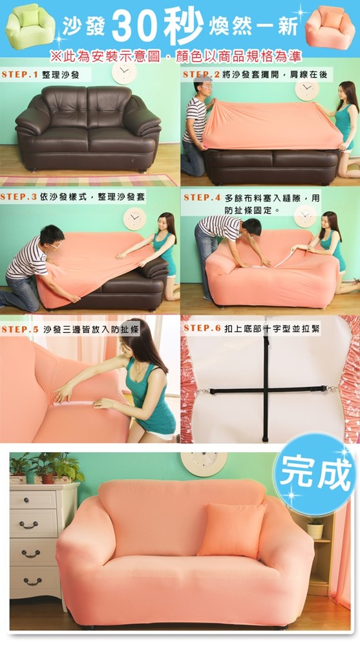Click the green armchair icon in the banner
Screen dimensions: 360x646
coord(30,26)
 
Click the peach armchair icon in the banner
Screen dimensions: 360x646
coord(330,27)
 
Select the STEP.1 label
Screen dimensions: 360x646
coord(20,74)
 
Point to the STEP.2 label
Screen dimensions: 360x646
coord(201,74)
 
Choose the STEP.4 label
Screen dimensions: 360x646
coord(202,198)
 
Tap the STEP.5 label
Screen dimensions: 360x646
coord(20,329)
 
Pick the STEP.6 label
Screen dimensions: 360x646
coord(202,328)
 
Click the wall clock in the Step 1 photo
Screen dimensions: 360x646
coord(124,72)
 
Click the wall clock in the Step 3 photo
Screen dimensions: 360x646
coord(134,219)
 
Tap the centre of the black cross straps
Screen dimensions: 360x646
coord(266,390)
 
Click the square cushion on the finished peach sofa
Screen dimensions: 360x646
coord(231,530)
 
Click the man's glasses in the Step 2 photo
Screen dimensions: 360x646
coord(206,87)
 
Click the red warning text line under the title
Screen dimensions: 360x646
coord(176,56)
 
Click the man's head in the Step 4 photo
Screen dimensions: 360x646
coord(251,228)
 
